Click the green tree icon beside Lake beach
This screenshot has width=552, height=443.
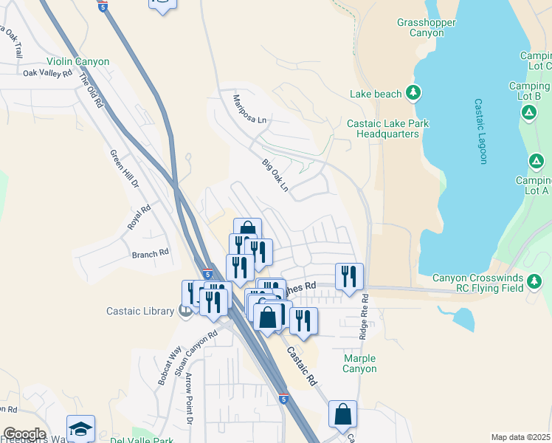(x=414, y=93)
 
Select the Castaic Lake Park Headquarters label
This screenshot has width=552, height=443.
(x=387, y=129)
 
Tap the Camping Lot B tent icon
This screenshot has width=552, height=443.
(x=528, y=112)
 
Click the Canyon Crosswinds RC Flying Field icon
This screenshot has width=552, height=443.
(x=534, y=281)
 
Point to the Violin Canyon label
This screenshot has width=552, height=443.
(x=77, y=62)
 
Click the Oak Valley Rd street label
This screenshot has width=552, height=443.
(x=47, y=73)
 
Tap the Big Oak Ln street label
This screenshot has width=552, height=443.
(x=275, y=175)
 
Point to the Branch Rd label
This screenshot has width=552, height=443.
(x=151, y=252)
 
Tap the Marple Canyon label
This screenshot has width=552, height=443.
(x=360, y=363)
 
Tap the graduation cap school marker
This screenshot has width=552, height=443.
(x=80, y=428)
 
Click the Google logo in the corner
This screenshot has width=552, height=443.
(x=24, y=434)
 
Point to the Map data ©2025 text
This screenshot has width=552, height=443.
(x=520, y=437)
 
